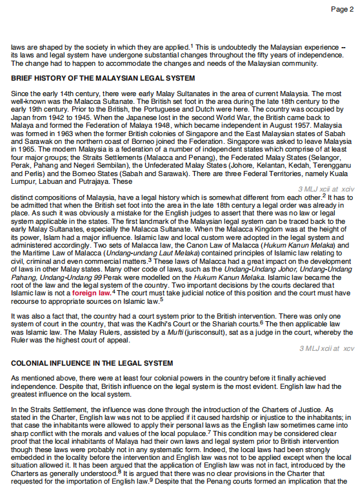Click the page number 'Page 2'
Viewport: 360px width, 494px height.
point(342,9)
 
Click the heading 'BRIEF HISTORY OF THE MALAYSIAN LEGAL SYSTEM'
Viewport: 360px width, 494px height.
point(103,78)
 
